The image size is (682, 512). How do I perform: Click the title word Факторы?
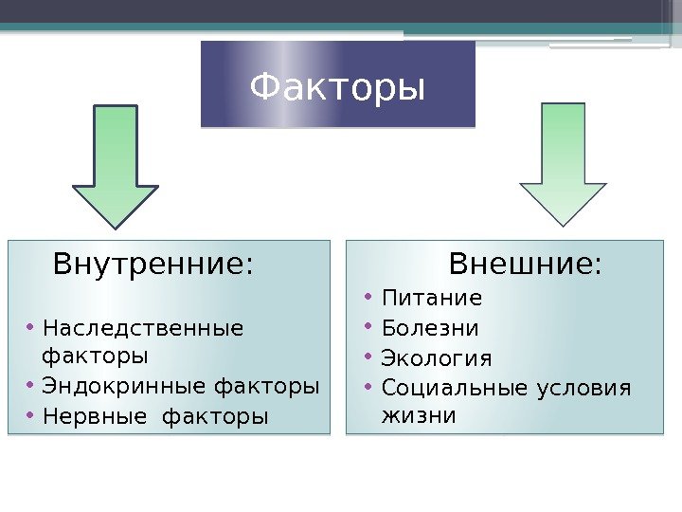337,88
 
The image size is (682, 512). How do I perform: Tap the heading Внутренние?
153,264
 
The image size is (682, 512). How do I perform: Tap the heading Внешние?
525,263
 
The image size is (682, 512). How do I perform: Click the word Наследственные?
143,329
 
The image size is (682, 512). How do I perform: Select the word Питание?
432,299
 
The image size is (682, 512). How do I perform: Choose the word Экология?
437,358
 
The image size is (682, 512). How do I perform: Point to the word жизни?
418,415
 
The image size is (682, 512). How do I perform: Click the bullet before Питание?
368,299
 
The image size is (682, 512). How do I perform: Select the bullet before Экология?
368,357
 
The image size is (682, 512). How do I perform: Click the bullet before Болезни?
368,328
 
